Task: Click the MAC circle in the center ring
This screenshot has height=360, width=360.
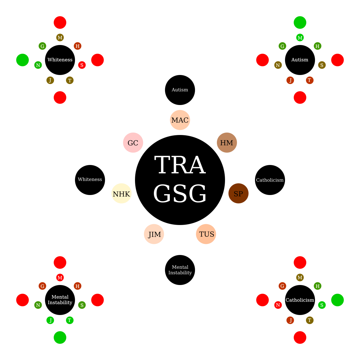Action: [180, 120]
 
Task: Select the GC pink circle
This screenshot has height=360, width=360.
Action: [133, 142]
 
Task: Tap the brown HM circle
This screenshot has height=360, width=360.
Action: [227, 142]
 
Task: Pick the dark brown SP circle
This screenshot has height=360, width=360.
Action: [238, 193]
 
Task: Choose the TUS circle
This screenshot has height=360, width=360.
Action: [206, 234]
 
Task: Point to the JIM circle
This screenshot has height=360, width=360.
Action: [154, 234]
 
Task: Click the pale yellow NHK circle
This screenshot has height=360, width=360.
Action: [121, 193]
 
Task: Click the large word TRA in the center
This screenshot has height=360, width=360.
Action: [180, 165]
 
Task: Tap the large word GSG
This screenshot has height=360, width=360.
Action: [180, 194]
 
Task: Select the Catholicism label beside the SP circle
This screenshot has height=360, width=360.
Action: [270, 180]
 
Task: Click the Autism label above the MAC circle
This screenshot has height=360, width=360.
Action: [180, 90]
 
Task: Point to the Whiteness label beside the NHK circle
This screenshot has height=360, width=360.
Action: [90, 179]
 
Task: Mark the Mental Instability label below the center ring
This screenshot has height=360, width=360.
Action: [180, 270]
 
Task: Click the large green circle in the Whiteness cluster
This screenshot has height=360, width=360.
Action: [22, 60]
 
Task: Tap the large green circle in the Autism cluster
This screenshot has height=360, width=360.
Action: [300, 22]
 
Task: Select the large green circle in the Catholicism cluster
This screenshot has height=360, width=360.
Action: [337, 300]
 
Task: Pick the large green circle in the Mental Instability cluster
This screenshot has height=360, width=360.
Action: [60, 337]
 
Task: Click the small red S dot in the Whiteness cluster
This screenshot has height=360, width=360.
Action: [82, 65]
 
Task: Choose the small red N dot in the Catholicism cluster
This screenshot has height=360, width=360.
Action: [278, 305]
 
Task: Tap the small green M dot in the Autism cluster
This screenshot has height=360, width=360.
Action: [300, 37]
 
